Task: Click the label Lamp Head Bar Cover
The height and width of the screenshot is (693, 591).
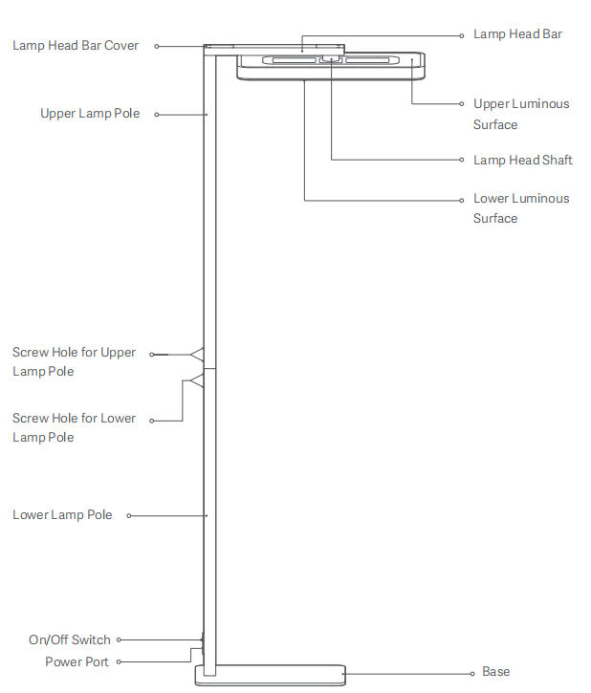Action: point(76,46)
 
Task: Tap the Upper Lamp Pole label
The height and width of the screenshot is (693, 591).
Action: point(90,114)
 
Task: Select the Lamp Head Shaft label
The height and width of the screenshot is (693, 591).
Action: point(522,161)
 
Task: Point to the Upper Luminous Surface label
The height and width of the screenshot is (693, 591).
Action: point(520,114)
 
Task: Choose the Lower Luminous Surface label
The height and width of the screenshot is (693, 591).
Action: point(520,208)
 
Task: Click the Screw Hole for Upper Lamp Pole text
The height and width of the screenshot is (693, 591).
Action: point(74,362)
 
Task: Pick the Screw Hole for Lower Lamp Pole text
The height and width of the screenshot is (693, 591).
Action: point(74,428)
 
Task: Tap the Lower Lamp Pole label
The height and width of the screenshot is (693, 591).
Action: point(62,515)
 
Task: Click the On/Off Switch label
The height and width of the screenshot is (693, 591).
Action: point(70,640)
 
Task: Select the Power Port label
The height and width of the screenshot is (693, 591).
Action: point(77,661)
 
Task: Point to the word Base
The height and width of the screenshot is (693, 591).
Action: point(495,672)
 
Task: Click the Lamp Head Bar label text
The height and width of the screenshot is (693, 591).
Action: point(517,34)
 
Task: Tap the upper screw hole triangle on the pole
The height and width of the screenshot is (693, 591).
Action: point(197,355)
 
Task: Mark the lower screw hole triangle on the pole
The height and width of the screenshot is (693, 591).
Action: point(197,381)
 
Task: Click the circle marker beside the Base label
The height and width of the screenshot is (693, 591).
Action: point(472,673)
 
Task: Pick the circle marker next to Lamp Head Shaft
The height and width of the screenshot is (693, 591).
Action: point(463,161)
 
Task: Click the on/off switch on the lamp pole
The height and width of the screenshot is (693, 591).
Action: point(202,639)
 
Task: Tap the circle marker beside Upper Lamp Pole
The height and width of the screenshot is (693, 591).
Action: point(157,115)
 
